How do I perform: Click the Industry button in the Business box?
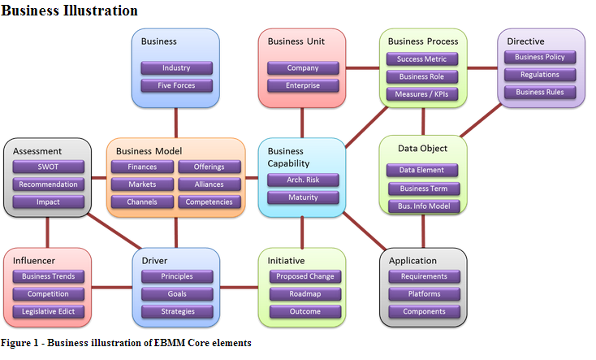[176, 68]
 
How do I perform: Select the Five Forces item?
[176, 85]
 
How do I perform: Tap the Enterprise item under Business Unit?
[302, 85]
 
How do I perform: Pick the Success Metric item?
[422, 59]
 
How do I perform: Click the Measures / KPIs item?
[422, 94]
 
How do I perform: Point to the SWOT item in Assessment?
[48, 167]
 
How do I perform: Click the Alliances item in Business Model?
[209, 184]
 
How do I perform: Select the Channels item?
[142, 202]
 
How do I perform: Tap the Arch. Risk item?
[302, 180]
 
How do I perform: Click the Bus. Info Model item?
[423, 206]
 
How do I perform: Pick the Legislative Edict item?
[48, 311]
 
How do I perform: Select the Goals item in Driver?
[176, 294]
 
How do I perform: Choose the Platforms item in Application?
[423, 294]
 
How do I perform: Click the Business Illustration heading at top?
[69, 11]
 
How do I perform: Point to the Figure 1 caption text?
[126, 343]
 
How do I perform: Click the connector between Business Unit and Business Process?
[362, 68]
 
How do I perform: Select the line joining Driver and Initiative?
[239, 287]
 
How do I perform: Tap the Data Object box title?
[421, 149]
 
